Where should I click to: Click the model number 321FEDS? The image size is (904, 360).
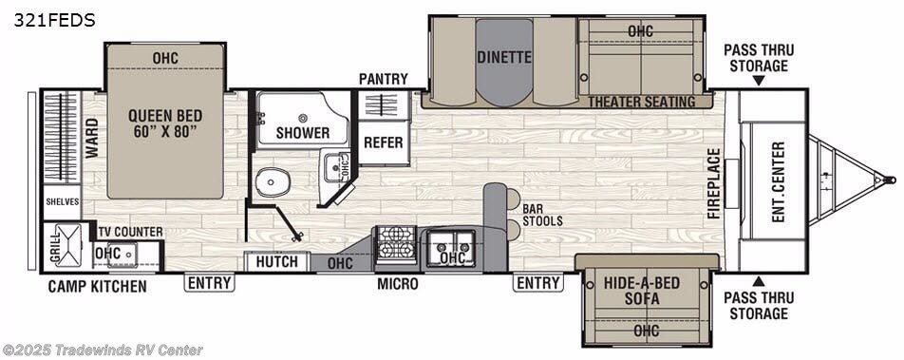(54, 20)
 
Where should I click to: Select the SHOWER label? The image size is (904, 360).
(303, 133)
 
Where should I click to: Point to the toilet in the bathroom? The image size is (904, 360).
(272, 180)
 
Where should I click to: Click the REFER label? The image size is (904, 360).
(384, 142)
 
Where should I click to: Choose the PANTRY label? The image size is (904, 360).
(384, 79)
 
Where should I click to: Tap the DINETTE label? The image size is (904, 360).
(504, 57)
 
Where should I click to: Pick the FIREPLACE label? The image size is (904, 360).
(713, 182)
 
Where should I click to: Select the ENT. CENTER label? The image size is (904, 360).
(779, 181)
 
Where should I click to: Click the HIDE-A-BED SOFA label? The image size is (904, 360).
(646, 291)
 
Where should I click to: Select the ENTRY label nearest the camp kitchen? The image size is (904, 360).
(210, 282)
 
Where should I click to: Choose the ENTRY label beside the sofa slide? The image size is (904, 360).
(537, 282)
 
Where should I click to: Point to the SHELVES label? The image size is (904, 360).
(63, 202)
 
